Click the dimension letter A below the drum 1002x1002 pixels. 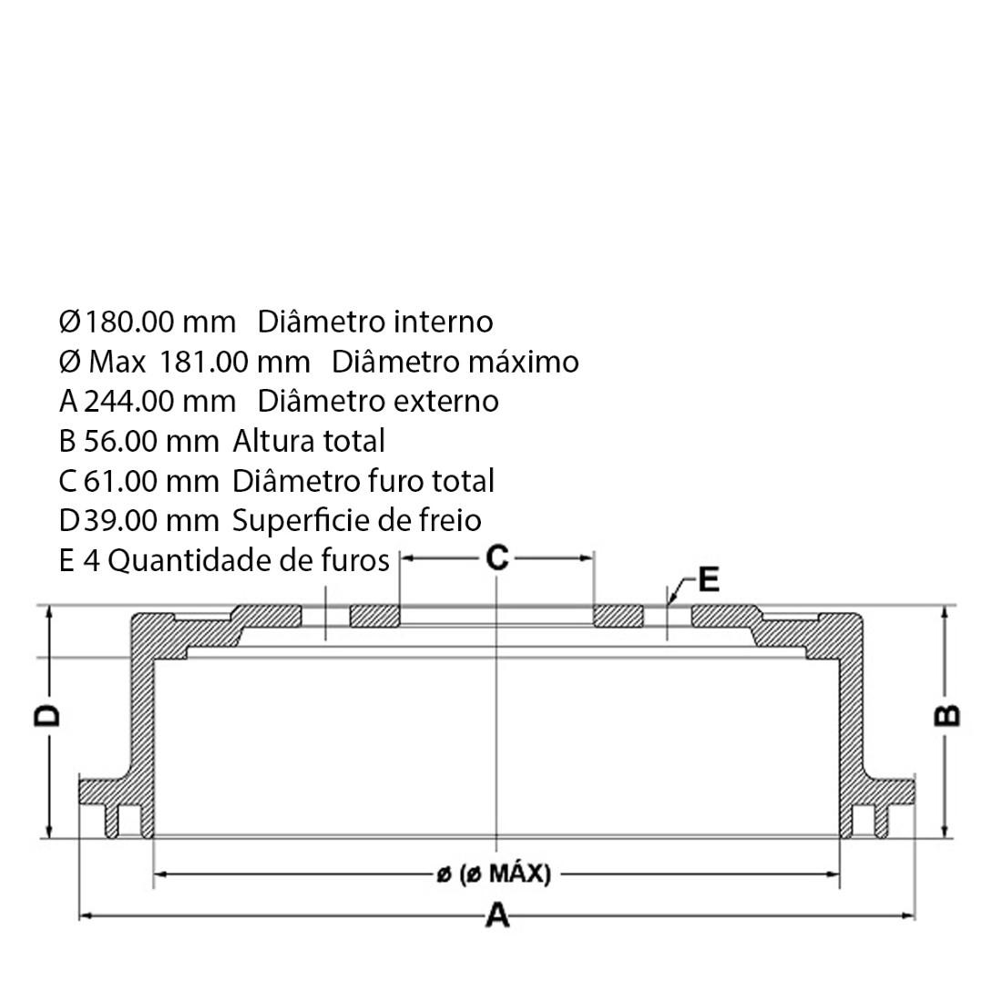(x=497, y=915)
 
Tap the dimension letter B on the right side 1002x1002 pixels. (x=947, y=716)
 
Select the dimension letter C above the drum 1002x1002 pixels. (x=497, y=557)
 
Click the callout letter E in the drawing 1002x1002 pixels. (x=709, y=579)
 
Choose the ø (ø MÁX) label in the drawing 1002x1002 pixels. (x=494, y=873)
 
